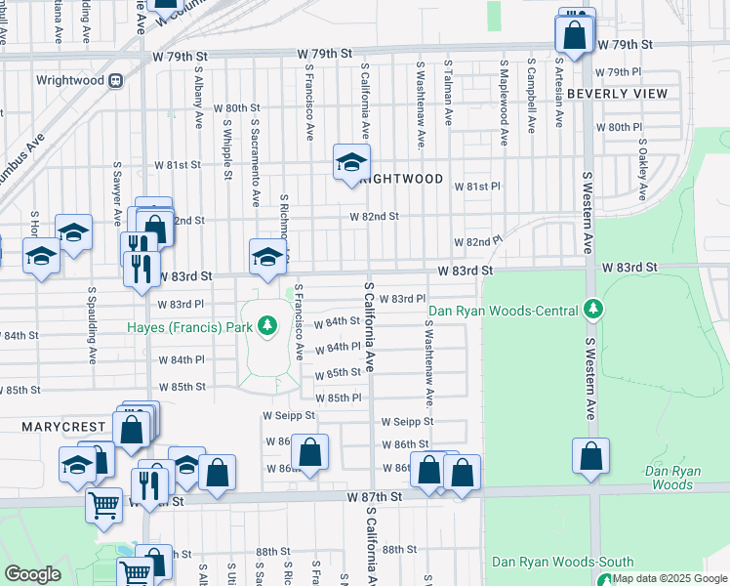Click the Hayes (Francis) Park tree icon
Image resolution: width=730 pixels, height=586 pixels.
pos(266,325)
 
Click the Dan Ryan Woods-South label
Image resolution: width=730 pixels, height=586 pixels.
pos(563,562)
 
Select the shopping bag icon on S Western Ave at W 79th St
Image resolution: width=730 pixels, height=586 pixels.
pos(575,34)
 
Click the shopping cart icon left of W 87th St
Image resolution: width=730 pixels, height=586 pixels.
pos(104,506)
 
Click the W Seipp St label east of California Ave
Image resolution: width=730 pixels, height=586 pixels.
pos(406,422)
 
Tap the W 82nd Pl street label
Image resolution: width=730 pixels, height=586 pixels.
pos(477,241)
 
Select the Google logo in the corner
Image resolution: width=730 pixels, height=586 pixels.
pos(32,574)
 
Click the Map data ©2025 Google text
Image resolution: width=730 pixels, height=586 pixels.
pos(669,578)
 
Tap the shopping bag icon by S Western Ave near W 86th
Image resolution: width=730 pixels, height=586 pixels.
pos(590,456)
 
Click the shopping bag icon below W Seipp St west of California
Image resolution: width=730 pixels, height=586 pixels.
pos(309,452)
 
